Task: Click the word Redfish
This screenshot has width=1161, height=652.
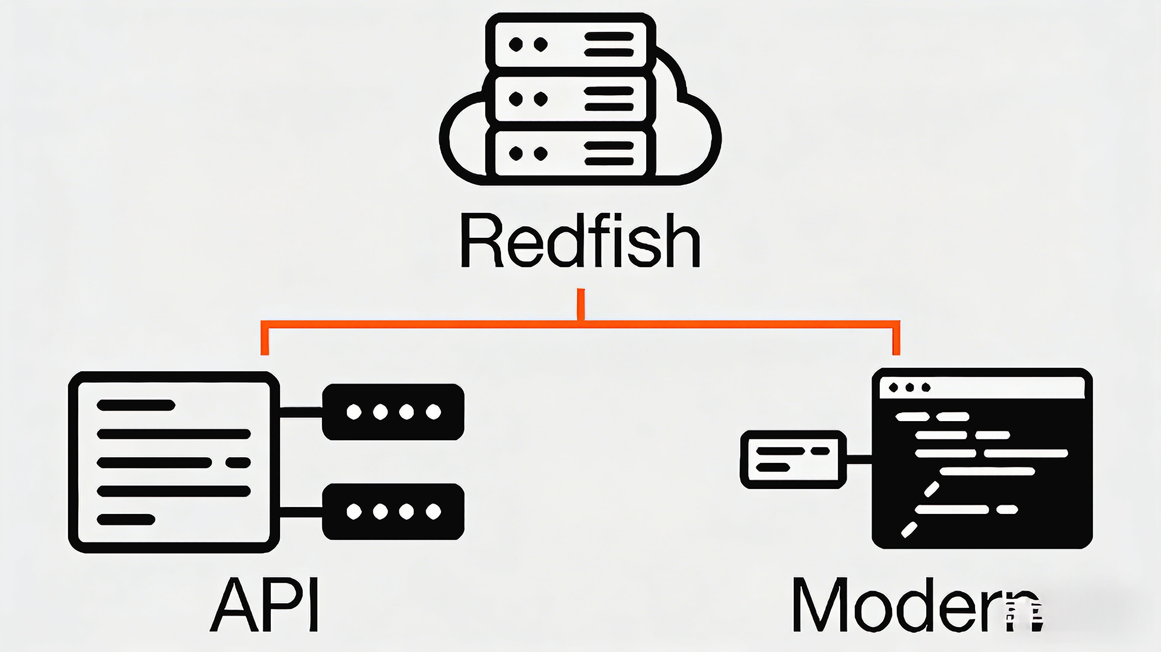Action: (580, 241)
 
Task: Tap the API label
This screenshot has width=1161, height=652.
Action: (265, 605)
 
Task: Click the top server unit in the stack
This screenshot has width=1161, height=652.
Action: (570, 44)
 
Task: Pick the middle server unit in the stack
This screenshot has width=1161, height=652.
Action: (570, 99)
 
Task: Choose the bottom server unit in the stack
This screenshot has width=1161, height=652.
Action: (570, 153)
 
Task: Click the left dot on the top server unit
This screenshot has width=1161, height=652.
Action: (515, 45)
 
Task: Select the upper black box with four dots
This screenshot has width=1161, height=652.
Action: (393, 412)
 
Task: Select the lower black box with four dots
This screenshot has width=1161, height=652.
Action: (393, 511)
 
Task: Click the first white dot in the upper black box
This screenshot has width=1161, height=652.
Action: (354, 412)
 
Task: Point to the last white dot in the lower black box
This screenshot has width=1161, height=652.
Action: (433, 511)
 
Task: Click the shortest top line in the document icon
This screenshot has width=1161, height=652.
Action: (136, 405)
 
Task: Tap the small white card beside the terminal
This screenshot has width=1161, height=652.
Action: (793, 459)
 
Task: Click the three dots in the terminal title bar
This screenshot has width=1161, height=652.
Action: (910, 387)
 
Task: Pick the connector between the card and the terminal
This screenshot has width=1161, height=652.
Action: (859, 459)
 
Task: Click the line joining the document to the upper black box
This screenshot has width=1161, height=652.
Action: (301, 412)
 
